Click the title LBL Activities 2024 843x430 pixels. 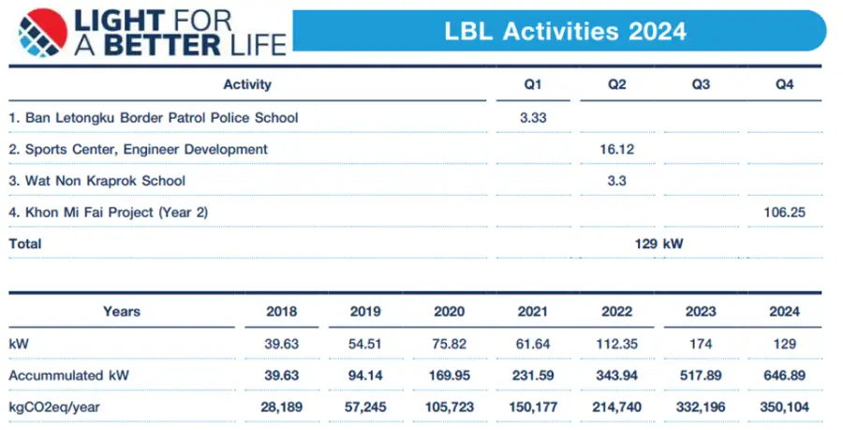565,31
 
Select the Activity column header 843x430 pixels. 247,84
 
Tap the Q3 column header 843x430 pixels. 701,84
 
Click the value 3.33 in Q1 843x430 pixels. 533,117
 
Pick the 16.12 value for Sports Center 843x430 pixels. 616,149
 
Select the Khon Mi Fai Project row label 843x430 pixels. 108,213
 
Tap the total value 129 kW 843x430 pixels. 659,244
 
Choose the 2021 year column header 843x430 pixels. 531,312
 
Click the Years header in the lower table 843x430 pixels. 122,312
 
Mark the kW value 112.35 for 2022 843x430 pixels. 615,344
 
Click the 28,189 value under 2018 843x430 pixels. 277,408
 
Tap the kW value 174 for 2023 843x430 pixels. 701,344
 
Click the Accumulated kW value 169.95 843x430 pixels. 447,376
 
